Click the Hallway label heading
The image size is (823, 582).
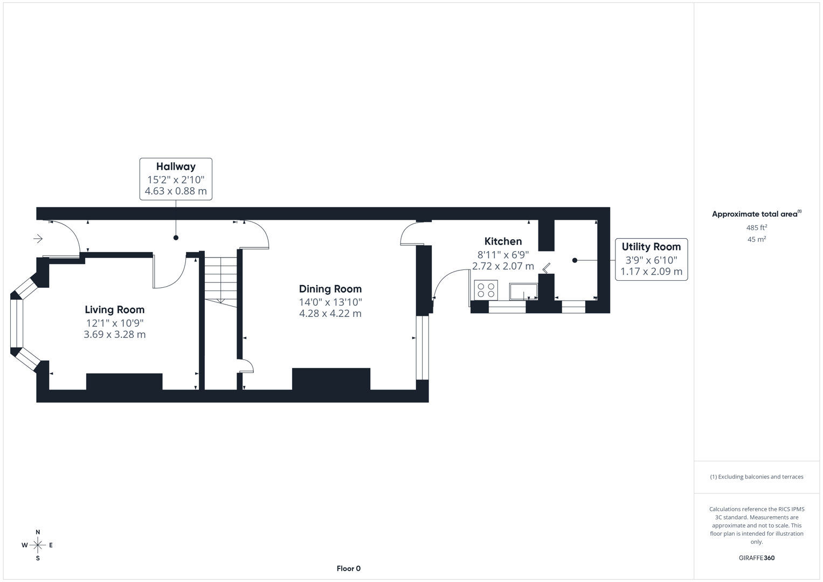pos(176,167)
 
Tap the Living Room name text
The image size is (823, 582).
pos(114,310)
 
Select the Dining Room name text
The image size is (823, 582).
pos(330,289)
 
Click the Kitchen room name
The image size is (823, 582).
pos(503,241)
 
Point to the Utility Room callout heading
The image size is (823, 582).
pos(651,247)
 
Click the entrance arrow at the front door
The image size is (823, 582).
pos(38,238)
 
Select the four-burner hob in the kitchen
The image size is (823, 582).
pos(486,290)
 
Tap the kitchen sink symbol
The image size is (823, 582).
pos(523,292)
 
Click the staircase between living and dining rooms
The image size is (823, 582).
pos(220,280)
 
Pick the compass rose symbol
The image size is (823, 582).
pos(38,545)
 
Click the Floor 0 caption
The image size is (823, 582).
pos(348,569)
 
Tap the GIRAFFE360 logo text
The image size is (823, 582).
pos(756,558)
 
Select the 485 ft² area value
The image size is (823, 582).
pos(756,227)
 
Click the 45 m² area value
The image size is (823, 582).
pos(756,239)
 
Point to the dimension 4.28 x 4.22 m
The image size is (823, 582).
pos(330,314)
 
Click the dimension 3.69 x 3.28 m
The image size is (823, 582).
pos(114,335)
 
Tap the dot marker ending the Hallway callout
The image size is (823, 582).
pos(176,238)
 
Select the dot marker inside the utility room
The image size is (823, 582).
pos(575,260)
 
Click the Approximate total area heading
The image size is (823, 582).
pos(756,214)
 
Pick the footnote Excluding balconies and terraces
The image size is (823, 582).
pos(756,477)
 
